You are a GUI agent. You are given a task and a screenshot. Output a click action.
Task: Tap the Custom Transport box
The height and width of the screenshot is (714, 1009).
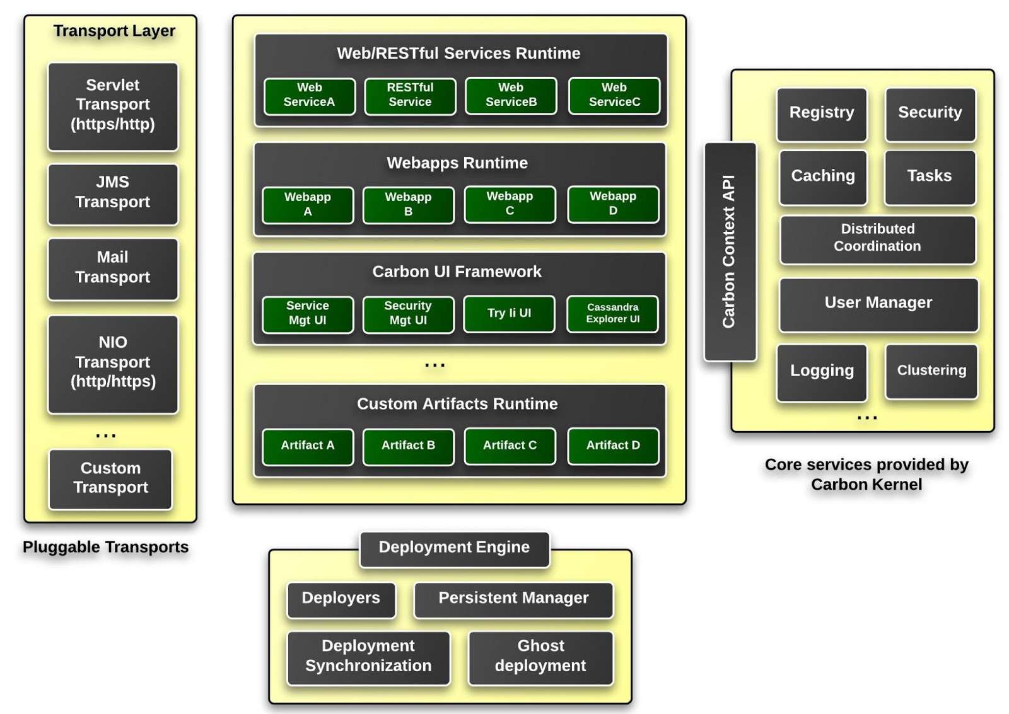pos(110,479)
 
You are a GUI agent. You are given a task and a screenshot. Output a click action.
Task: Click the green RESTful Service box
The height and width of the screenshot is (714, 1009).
pos(410,96)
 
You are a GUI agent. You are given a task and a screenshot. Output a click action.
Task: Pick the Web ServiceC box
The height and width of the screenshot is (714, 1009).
pos(614,96)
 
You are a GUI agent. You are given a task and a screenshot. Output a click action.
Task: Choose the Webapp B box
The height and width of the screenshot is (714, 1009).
pos(408,205)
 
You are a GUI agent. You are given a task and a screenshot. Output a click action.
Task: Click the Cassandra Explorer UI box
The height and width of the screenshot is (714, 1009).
pos(612,314)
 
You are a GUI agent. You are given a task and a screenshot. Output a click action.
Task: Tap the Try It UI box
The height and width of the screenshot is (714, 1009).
pos(509,314)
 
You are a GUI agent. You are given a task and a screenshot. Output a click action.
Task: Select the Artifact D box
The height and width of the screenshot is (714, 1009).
pos(612,446)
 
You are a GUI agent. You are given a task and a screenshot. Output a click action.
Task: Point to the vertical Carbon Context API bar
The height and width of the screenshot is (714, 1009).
pos(730,251)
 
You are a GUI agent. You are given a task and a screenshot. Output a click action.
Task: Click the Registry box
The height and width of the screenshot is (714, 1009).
pos(822,114)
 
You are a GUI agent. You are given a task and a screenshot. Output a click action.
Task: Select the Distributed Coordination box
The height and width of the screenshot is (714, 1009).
pos(877,239)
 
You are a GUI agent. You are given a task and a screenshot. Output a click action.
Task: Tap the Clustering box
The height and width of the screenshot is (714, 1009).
pos(931,371)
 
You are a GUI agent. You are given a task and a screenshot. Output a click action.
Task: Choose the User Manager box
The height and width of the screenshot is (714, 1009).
pos(878,304)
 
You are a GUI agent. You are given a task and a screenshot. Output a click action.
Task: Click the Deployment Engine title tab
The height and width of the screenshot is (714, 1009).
pos(454,548)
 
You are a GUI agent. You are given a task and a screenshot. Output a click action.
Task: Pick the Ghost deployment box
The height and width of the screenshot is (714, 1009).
pos(540,657)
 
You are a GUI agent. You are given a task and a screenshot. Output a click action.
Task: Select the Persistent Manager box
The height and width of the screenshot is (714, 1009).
pos(513,599)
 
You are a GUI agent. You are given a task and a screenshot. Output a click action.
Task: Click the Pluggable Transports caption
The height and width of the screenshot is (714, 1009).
pos(105,547)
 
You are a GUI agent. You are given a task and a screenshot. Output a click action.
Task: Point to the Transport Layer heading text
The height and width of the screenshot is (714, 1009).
pos(114,31)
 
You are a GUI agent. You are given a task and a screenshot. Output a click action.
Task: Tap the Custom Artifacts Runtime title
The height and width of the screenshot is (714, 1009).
pos(457,404)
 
